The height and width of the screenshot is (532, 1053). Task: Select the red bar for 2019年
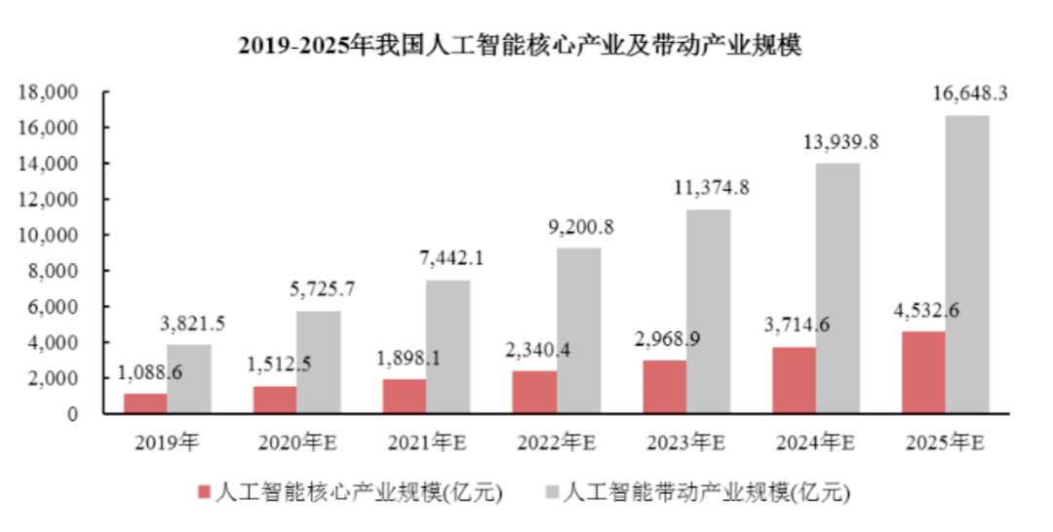pyautogui.click(x=143, y=402)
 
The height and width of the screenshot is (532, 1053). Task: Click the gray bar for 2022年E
pyautogui.click(x=578, y=330)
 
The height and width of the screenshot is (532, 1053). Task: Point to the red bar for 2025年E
pyautogui.click(x=922, y=372)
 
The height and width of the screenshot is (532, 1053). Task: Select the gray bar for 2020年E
pyautogui.click(x=318, y=361)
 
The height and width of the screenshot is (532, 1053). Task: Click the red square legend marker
pyautogui.click(x=204, y=492)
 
